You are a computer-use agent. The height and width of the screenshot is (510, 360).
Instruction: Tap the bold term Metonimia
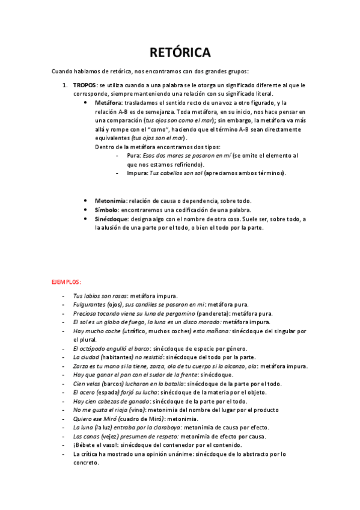(x=111, y=200)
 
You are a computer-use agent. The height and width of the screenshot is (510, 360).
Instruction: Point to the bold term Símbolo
(x=106, y=210)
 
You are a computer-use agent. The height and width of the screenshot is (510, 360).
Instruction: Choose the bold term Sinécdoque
(x=112, y=219)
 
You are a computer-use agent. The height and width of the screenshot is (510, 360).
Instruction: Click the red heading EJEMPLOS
(x=66, y=282)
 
